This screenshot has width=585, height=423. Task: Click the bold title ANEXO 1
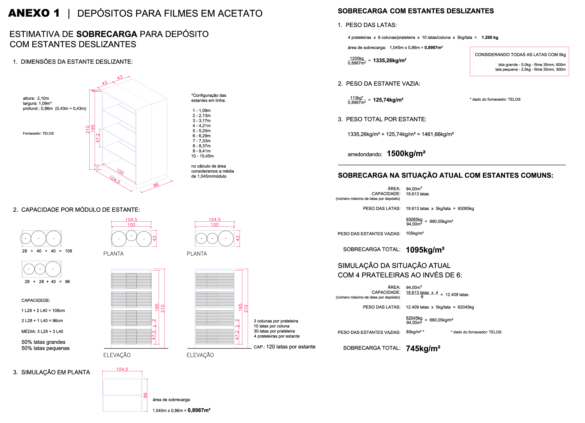click(34, 13)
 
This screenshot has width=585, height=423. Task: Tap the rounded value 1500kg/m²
click(406, 154)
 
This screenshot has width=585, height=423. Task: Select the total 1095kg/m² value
click(425, 250)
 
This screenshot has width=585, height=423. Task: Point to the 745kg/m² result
click(423, 348)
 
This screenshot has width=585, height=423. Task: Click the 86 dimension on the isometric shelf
click(156, 185)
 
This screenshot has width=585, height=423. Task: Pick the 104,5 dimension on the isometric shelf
click(114, 179)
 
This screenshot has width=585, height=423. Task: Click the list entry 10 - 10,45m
click(202, 156)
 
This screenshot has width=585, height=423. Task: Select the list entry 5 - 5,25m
click(201, 131)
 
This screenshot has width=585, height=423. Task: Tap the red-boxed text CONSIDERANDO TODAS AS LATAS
click(520, 55)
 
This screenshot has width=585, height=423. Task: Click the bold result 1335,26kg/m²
click(389, 60)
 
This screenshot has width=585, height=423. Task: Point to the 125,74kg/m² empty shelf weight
click(388, 100)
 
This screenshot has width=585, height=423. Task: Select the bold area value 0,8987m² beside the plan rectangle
click(199, 410)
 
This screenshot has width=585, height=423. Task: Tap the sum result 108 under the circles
click(68, 251)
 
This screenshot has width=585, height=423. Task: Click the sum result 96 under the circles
click(67, 282)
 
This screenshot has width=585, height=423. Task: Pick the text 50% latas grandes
click(43, 342)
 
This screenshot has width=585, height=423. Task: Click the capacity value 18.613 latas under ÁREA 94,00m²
click(417, 194)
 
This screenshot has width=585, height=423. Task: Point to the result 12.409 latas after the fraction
click(457, 295)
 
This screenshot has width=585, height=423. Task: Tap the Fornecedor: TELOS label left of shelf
click(38, 133)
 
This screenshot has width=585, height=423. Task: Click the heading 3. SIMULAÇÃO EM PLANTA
click(52, 372)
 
